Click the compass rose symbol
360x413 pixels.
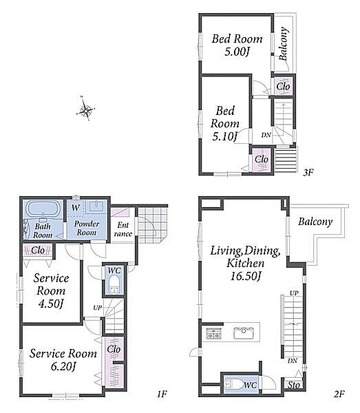click(85, 109)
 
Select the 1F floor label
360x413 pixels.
click(162, 394)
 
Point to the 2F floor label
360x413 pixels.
click(339, 394)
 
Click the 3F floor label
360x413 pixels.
click(308, 173)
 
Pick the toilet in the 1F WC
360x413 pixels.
click(114, 284)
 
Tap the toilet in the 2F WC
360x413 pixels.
click(233, 384)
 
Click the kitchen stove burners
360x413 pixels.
click(213, 333)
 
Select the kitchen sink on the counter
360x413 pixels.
click(244, 332)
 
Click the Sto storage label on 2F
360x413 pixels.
click(294, 385)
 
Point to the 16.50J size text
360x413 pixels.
click(246, 276)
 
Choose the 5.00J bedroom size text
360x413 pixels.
click(237, 52)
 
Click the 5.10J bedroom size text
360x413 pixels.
click(224, 136)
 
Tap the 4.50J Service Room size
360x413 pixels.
click(51, 304)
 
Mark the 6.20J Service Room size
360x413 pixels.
click(63, 366)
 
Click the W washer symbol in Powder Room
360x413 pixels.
click(76, 208)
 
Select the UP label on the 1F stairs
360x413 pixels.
click(98, 308)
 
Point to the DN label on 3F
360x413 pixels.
click(266, 135)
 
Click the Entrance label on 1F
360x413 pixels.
click(123, 229)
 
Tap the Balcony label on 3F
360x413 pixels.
click(284, 43)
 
